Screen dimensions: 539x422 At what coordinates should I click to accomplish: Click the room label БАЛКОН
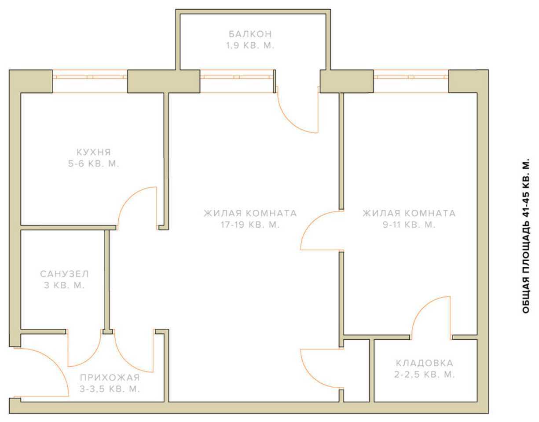click(x=250, y=34)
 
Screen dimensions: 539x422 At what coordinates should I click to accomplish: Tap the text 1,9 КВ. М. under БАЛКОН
click(x=250, y=46)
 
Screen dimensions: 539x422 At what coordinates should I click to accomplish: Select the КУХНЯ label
click(x=94, y=152)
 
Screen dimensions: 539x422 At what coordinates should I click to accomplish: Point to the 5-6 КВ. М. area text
click(x=94, y=164)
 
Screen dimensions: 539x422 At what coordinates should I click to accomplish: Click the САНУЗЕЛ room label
click(x=64, y=274)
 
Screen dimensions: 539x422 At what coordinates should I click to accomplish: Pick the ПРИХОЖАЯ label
click(x=110, y=378)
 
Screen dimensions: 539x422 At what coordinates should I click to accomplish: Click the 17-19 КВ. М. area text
click(x=250, y=225)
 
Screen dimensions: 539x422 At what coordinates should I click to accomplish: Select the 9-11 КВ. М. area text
click(x=409, y=225)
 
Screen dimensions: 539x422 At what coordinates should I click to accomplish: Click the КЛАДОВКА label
click(x=425, y=363)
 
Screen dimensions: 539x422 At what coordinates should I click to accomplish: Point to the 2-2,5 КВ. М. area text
click(x=425, y=375)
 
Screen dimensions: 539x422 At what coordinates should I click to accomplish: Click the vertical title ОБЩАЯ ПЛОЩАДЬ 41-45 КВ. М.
click(x=526, y=236)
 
